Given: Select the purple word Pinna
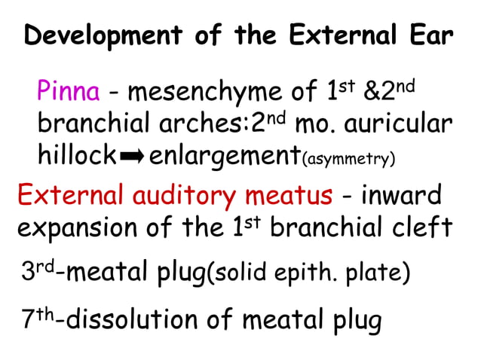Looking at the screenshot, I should [69, 93].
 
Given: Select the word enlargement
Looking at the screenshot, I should [225, 157].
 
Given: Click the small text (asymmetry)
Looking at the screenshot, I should [348, 159].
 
